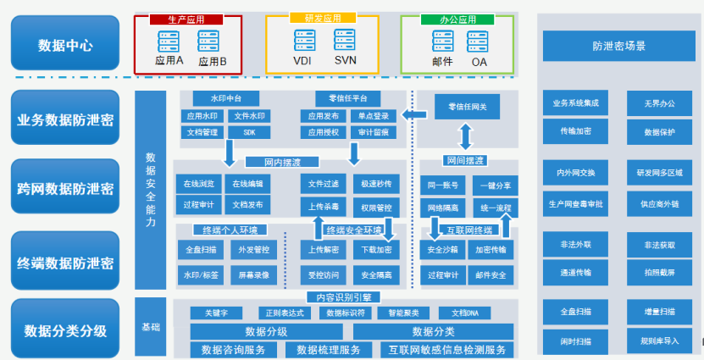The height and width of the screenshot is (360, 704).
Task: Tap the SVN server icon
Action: coord(344,40)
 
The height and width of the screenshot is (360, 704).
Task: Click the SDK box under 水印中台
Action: coord(249,133)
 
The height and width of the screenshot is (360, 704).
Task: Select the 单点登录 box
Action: coord(374,116)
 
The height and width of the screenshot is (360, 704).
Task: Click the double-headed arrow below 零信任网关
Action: coord(465,137)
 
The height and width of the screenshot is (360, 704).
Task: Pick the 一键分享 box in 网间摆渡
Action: coord(495,186)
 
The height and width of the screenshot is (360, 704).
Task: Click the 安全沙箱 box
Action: coord(442,250)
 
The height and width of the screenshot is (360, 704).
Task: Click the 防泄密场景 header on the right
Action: coord(618,46)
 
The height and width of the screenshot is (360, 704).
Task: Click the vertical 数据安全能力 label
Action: coord(151,190)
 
